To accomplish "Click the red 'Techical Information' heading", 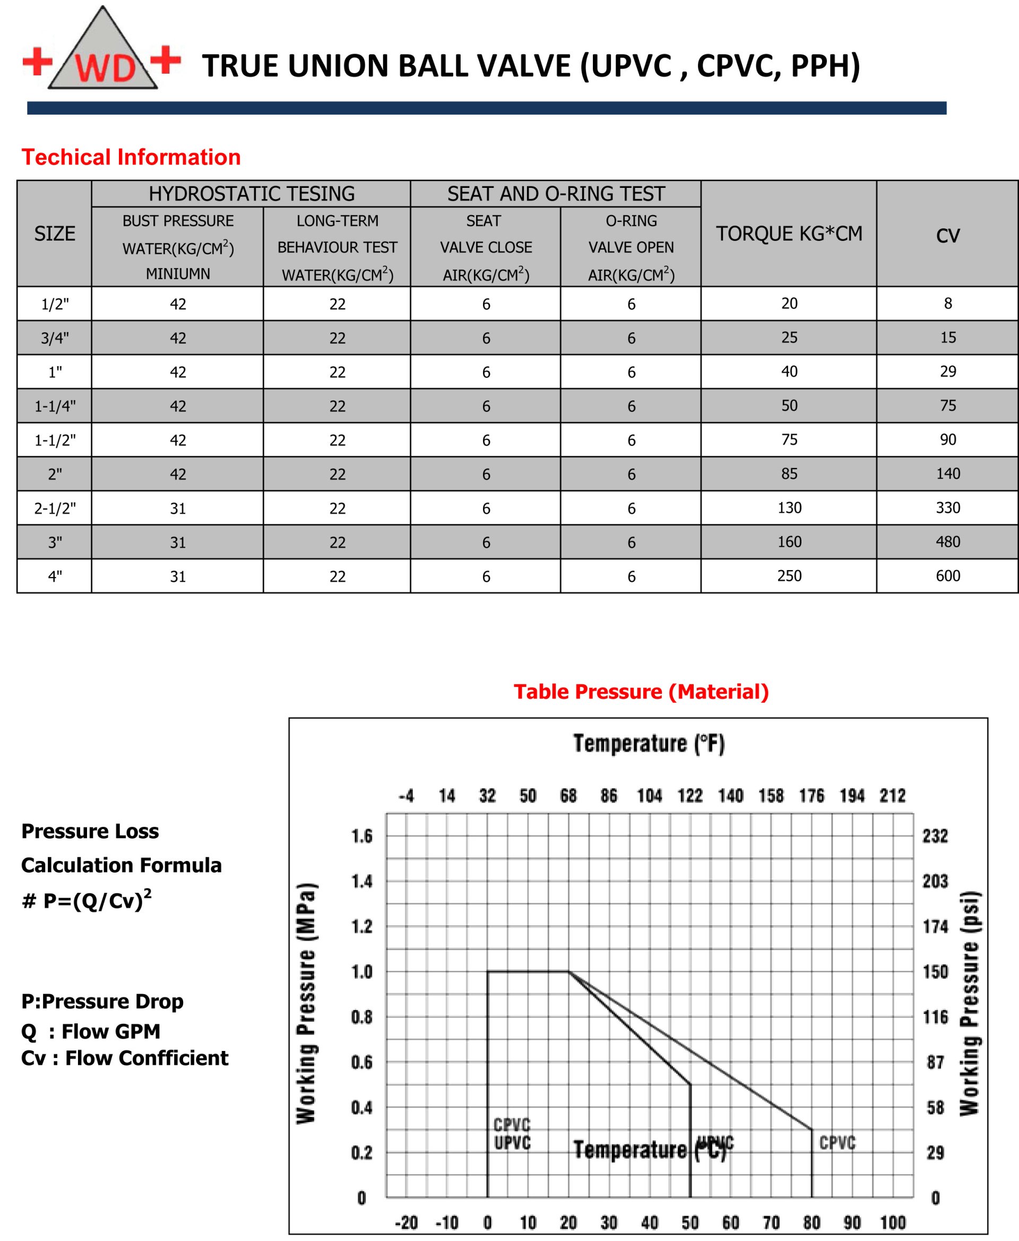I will click(x=131, y=157).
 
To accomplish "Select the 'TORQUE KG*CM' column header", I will click(x=788, y=234).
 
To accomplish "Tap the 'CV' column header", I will click(x=947, y=235).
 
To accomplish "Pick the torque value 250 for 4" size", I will click(x=789, y=575).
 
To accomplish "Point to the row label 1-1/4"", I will click(x=55, y=406).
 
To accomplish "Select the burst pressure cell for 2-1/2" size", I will click(x=178, y=509).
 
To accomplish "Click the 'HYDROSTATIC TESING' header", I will click(x=251, y=194).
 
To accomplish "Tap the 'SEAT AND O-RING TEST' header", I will click(x=555, y=194).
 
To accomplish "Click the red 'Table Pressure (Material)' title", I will click(x=641, y=692).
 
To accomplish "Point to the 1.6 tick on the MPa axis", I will click(x=361, y=835).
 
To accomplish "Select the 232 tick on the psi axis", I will click(x=935, y=835).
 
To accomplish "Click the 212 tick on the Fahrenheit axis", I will click(x=892, y=796).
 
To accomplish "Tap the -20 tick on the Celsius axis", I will click(x=406, y=1223).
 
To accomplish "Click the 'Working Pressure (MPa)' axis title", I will click(x=306, y=1003).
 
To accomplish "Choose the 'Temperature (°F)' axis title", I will click(x=649, y=743).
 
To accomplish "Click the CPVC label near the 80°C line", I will click(x=837, y=1143).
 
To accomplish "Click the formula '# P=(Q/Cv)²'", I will click(x=87, y=899).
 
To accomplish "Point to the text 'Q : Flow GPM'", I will click(x=90, y=1031).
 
